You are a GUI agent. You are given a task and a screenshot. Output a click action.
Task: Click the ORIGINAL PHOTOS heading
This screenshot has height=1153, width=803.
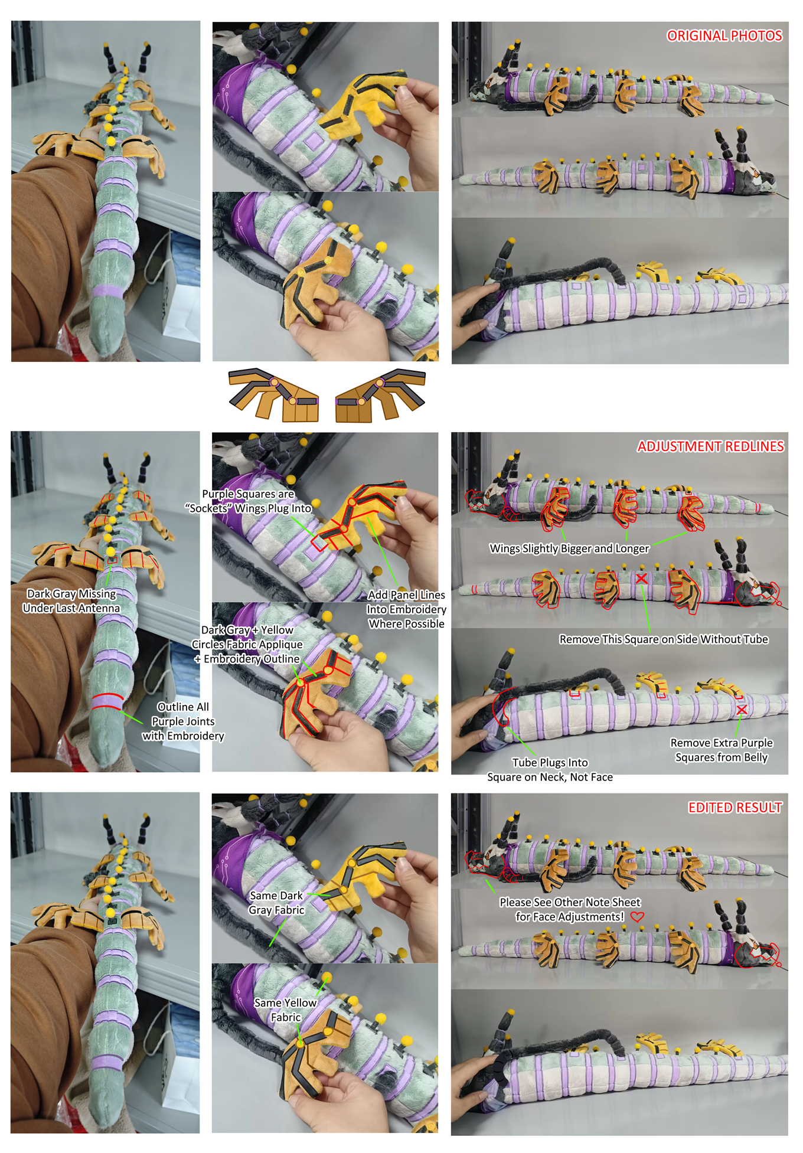(x=724, y=36)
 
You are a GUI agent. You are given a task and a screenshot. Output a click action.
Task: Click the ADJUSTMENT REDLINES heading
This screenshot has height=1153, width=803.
(x=710, y=446)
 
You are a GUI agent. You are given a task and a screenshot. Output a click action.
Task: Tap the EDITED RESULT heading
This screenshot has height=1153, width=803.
(x=735, y=808)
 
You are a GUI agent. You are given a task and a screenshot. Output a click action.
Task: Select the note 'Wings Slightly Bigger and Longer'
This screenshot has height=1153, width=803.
(x=569, y=548)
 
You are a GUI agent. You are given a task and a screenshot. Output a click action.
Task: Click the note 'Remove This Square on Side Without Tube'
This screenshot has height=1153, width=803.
(x=664, y=639)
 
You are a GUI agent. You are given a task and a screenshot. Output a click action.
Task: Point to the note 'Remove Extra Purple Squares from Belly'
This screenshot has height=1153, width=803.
(x=722, y=750)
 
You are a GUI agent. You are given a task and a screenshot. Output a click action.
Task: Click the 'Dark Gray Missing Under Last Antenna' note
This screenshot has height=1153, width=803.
(x=71, y=601)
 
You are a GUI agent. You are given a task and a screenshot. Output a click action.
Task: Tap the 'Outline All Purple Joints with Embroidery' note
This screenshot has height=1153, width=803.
(x=183, y=721)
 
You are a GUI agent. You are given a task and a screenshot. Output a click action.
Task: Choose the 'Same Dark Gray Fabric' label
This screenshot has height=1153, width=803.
(x=276, y=903)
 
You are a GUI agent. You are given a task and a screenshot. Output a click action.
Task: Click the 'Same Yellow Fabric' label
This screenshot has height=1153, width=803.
(x=286, y=1010)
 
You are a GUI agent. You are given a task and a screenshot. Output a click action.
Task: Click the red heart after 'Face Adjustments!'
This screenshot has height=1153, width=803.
(x=637, y=917)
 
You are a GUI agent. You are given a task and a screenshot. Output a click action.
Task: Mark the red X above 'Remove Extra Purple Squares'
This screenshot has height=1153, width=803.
(x=742, y=709)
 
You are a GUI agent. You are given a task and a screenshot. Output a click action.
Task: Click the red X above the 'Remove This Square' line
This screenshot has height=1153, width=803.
(x=641, y=578)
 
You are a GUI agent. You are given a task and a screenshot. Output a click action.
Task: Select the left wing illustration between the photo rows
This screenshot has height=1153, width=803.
(x=274, y=395)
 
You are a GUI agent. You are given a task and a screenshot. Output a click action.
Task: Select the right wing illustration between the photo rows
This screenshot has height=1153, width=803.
(x=381, y=395)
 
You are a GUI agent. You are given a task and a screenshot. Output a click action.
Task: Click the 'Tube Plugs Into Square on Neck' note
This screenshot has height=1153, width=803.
(x=550, y=770)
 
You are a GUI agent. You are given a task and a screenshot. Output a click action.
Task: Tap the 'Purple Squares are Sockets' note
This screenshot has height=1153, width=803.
(x=248, y=501)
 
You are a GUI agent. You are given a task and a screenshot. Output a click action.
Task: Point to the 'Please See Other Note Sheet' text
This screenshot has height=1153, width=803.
(x=570, y=902)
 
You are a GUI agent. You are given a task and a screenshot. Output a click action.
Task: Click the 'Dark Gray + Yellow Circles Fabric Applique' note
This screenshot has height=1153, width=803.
(x=247, y=645)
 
